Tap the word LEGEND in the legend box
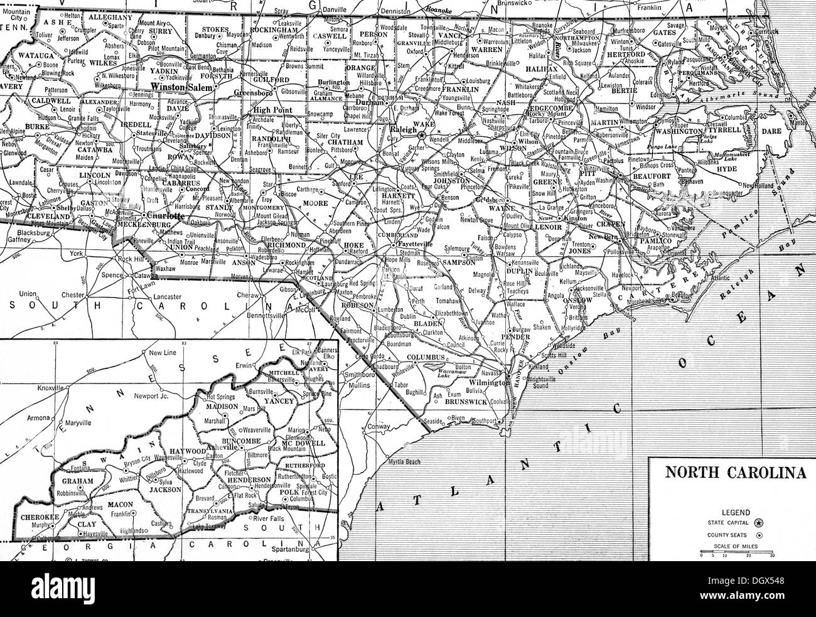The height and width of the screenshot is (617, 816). click(x=733, y=512)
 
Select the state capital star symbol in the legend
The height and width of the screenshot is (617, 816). click(x=760, y=522)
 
